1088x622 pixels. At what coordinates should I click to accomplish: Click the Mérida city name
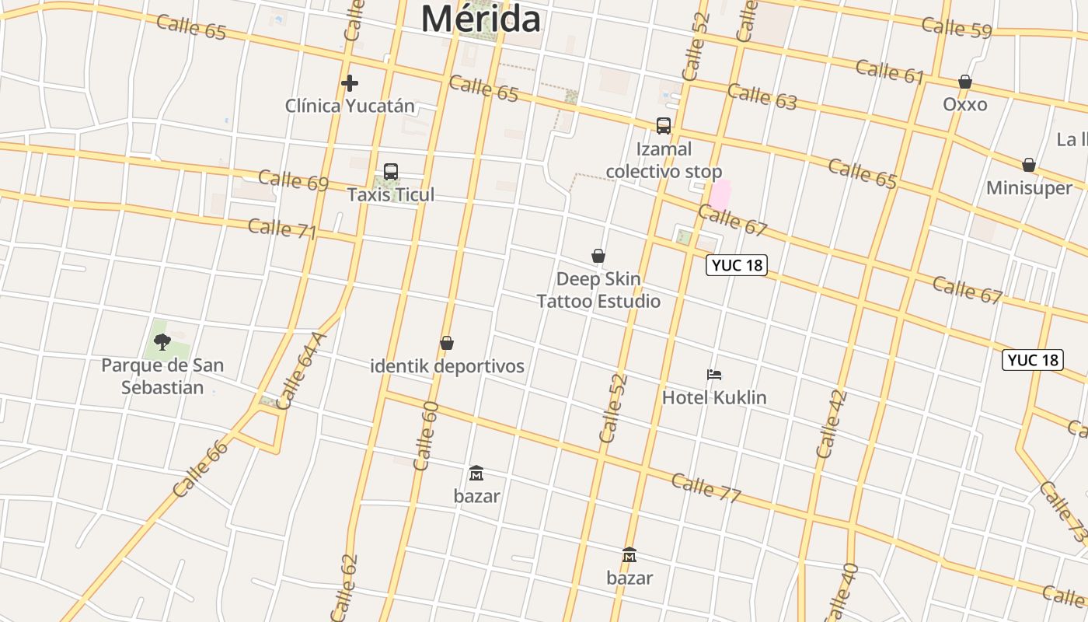[x=480, y=19]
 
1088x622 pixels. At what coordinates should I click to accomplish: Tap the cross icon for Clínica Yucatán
[x=350, y=82]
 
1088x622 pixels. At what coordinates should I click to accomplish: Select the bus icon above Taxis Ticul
[x=391, y=172]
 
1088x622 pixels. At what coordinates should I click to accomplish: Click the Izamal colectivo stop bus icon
[x=664, y=126]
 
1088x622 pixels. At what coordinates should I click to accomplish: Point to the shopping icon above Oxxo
[x=965, y=82]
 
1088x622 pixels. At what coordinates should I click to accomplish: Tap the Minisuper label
[x=1029, y=187]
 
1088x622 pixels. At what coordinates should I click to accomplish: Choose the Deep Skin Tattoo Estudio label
[x=598, y=290]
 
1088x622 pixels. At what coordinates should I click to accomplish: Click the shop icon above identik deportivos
[x=447, y=343]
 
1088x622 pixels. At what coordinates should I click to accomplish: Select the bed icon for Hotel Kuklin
[x=714, y=375]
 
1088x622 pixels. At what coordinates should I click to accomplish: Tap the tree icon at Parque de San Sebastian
[x=162, y=341]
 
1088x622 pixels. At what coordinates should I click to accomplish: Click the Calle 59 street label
[x=957, y=28]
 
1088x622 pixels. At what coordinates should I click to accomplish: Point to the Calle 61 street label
[x=890, y=72]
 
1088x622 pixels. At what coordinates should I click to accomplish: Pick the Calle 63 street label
[x=762, y=96]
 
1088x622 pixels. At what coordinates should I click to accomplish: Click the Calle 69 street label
[x=293, y=180]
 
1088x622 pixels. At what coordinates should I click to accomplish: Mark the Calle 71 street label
[x=282, y=229]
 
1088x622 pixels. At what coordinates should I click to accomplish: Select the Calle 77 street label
[x=706, y=487]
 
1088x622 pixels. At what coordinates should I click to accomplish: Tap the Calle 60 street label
[x=426, y=436]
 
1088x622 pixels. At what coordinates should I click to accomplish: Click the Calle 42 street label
[x=832, y=424]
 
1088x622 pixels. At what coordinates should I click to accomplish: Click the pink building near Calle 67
[x=720, y=194]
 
